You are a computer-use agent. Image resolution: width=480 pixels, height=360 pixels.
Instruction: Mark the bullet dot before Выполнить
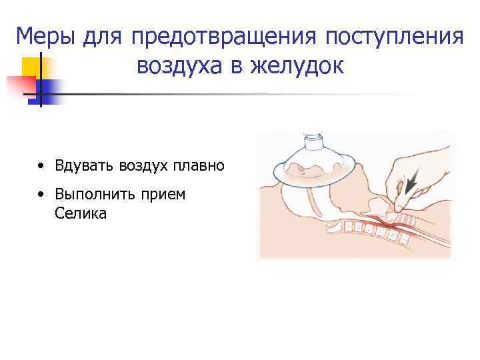point(42,195)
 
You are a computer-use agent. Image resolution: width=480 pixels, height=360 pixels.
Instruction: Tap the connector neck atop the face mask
point(313,143)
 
